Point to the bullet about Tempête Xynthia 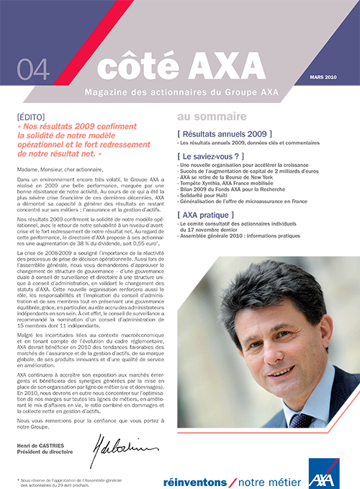click(x=229, y=182)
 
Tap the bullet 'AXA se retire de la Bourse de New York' click(x=228, y=176)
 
